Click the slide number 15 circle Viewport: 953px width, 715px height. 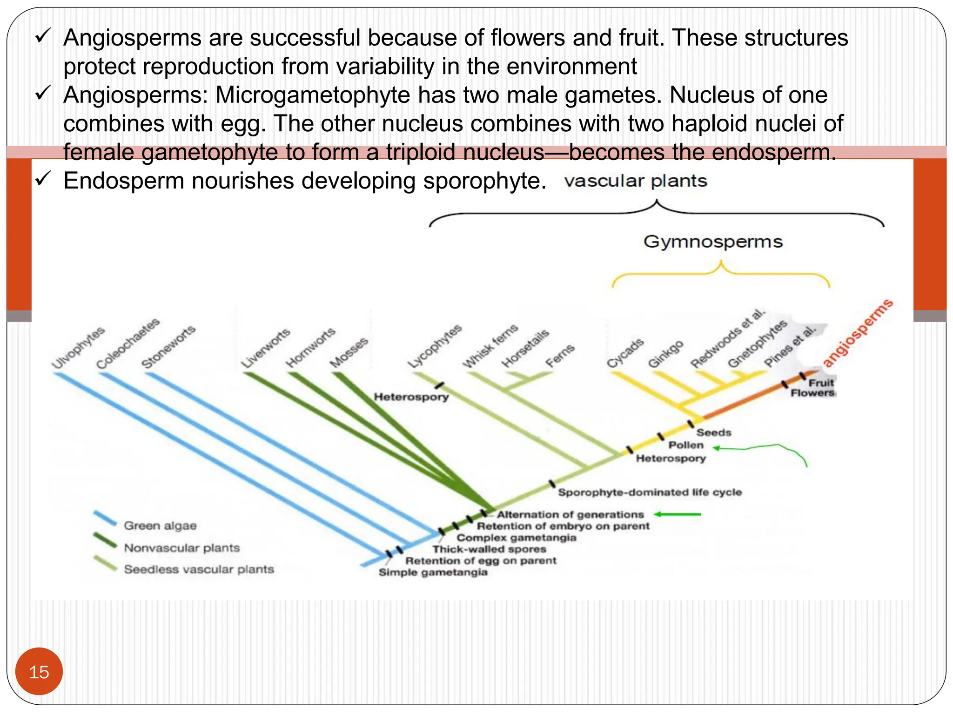coord(39,672)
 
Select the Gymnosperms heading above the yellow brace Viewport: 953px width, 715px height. coord(712,242)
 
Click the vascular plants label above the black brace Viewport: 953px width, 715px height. coord(636,181)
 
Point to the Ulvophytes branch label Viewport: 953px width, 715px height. coord(78,348)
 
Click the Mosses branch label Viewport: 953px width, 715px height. coord(349,353)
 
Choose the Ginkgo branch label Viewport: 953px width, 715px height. coord(665,354)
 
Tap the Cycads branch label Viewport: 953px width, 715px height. coord(625,353)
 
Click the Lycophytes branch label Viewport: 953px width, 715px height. coord(435,346)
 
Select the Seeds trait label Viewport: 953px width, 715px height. coord(713,432)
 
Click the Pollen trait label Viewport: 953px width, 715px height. coord(685,445)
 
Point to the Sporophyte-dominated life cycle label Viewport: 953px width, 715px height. coord(650,492)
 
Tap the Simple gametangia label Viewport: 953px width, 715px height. coord(433,572)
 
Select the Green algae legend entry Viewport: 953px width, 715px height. coord(160,526)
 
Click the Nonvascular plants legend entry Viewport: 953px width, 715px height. coord(181,548)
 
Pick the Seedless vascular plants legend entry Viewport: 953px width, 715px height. coord(199,569)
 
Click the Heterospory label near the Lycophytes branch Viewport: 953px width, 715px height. coord(411,397)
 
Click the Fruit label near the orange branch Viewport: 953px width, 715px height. coord(820,383)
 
